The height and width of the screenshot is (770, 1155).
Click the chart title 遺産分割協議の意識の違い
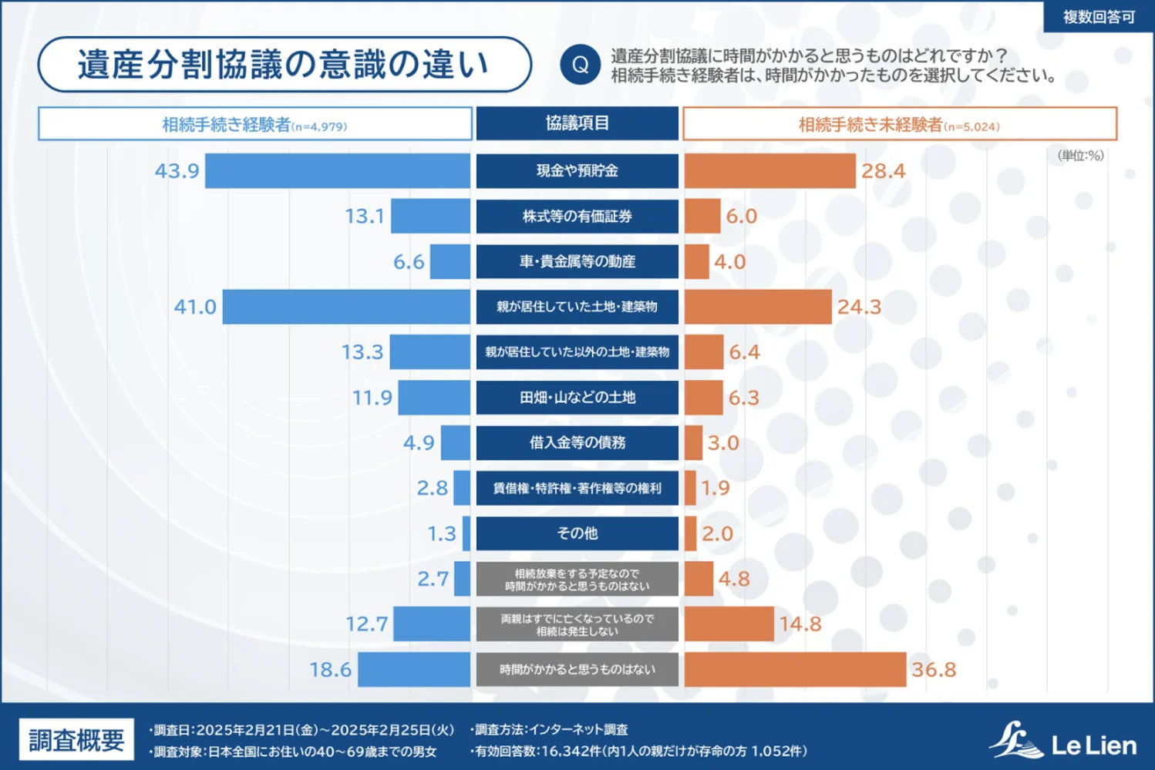point(284,65)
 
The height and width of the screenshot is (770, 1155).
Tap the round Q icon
point(580,65)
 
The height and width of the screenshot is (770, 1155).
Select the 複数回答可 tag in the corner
point(1098,17)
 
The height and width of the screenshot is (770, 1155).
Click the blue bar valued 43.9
point(337,171)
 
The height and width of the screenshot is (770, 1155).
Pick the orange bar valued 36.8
point(795,669)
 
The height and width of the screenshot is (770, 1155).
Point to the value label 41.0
point(195,307)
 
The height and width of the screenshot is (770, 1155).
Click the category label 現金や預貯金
point(577,171)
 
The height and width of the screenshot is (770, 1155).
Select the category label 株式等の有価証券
point(577,217)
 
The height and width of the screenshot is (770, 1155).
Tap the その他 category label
point(577,533)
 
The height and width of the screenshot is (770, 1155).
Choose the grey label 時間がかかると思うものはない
point(577,669)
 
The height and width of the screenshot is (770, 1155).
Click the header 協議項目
point(577,123)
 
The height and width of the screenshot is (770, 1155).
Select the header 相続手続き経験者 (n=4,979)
point(254,125)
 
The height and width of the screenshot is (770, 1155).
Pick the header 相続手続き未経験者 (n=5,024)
point(899,125)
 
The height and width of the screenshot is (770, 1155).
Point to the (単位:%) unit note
point(1080,156)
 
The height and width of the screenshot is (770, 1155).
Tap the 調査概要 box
point(76,741)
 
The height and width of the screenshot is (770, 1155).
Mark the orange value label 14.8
point(800,624)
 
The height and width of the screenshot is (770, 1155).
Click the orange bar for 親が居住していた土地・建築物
point(758,307)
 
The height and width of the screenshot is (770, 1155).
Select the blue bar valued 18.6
point(414,669)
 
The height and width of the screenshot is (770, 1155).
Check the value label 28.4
point(884,171)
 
